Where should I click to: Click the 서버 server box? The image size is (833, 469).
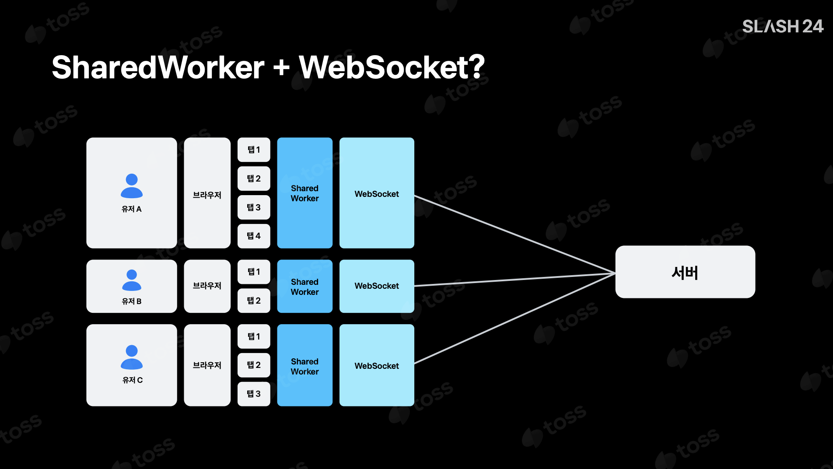tap(685, 272)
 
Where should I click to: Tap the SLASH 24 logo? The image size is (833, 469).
tap(782, 26)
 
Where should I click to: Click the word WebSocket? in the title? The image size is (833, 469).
tap(392, 67)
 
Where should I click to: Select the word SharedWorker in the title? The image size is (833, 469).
tap(158, 67)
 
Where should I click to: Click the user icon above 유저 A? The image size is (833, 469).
tap(132, 186)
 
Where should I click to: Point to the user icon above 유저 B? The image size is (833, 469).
tap(132, 280)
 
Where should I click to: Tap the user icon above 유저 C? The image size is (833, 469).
tap(132, 357)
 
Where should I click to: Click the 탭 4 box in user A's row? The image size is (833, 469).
tap(254, 236)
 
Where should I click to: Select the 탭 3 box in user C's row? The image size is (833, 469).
tap(254, 394)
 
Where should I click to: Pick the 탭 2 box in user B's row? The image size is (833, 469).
tap(254, 301)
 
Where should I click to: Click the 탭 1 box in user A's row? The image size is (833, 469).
tap(254, 150)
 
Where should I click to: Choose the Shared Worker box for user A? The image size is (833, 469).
tap(304, 193)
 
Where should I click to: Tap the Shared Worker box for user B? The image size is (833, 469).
tap(304, 287)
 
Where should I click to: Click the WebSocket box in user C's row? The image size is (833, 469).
tap(377, 365)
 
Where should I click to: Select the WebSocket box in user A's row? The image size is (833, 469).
tap(377, 193)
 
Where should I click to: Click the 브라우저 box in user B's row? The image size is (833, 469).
tap(207, 286)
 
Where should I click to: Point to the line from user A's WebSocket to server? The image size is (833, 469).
tap(514, 234)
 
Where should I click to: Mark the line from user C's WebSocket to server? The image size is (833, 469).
tap(514, 319)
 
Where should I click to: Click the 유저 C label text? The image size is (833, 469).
tap(132, 380)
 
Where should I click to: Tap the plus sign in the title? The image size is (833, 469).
tap(281, 68)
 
